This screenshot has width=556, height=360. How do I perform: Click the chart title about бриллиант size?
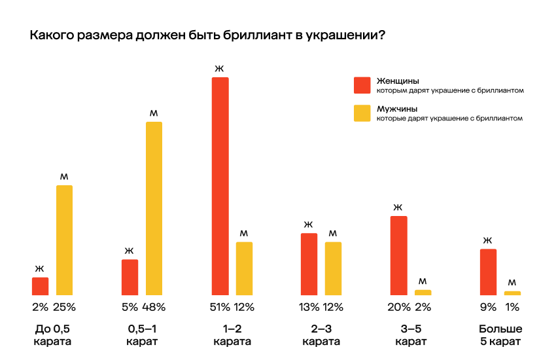207,35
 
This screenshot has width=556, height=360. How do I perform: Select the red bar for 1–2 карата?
220,186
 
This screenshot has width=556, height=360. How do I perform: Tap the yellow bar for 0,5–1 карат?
154,208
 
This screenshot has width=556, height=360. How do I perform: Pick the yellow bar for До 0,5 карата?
64,240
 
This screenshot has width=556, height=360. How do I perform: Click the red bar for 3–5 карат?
399,255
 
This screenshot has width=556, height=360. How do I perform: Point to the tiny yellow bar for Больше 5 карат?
513,293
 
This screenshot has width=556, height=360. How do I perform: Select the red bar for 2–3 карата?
309,264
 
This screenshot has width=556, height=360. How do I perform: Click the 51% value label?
220,306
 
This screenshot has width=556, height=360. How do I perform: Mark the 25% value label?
65,306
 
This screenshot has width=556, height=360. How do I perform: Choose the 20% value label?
398,306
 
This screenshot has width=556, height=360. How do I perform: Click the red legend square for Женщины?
362,85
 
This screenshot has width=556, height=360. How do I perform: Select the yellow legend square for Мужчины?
362,113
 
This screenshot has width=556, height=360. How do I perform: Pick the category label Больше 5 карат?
500,334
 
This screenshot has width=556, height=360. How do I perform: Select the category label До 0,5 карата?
52,334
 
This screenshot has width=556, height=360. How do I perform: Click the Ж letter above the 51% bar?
220,68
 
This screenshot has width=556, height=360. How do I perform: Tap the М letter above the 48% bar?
154,113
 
